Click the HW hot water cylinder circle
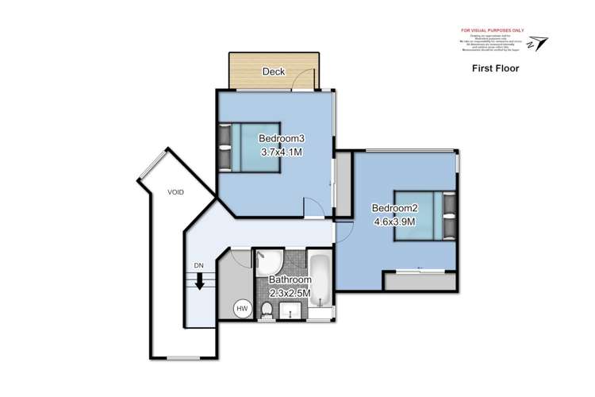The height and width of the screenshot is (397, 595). [x=241, y=309]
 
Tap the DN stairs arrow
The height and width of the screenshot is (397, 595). [x=199, y=281]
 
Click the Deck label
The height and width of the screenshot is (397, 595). [x=274, y=71]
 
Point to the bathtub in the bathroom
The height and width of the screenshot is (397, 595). [x=322, y=283]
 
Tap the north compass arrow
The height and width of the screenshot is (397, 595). [x=540, y=42]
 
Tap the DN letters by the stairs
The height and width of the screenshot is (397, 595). [x=198, y=265]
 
